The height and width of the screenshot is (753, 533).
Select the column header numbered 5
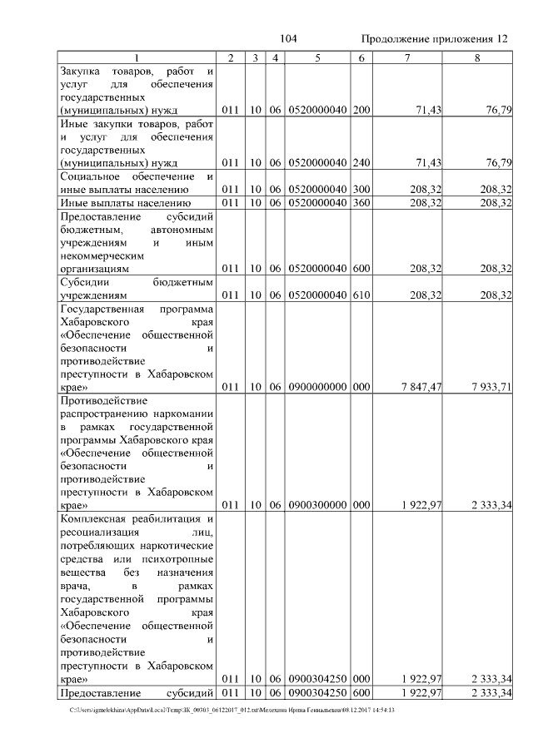317,57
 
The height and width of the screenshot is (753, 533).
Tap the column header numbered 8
477,57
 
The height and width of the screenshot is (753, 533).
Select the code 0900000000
317,386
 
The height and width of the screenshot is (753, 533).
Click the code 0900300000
317,504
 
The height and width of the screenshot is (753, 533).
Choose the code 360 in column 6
361,202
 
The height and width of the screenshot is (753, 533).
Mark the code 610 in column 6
361,295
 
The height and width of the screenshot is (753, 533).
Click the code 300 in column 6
361,190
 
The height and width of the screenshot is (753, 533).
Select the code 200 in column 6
361,110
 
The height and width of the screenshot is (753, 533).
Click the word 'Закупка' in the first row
83,71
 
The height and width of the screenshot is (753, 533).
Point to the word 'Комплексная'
97,518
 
